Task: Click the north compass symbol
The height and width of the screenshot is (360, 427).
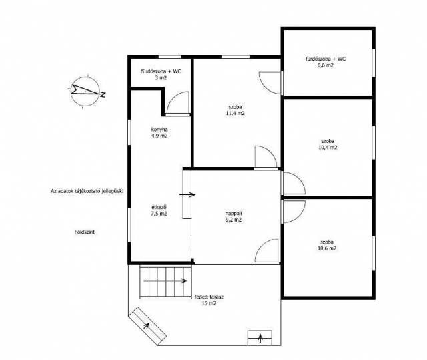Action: click(85, 91)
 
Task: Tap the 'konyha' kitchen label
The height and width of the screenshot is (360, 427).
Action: click(159, 130)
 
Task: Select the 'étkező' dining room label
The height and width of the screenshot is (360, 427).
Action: click(159, 207)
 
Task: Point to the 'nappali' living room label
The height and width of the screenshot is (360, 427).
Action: click(234, 213)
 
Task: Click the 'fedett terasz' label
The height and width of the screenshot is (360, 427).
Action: click(209, 297)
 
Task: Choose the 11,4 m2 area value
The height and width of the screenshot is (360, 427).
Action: click(236, 114)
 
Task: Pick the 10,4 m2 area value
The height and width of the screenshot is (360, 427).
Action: click(328, 148)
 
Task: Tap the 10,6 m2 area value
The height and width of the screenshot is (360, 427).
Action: click(327, 248)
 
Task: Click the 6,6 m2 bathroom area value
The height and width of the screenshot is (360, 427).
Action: click(326, 65)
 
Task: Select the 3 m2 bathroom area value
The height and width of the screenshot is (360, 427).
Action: click(161, 78)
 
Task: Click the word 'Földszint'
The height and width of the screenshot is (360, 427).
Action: click(85, 232)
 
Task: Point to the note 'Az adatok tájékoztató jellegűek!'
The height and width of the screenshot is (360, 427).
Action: click(87, 191)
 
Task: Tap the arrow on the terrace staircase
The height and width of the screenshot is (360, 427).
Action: click(165, 281)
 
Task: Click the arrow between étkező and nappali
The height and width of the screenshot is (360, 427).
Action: click(187, 194)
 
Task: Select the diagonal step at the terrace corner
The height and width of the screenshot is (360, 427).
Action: click(147, 325)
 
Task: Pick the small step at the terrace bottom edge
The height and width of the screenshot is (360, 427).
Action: click(260, 338)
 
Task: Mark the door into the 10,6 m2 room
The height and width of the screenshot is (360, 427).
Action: click(294, 212)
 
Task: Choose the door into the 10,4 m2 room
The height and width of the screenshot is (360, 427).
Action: click(294, 184)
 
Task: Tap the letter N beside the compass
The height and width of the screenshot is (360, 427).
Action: click(103, 95)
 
